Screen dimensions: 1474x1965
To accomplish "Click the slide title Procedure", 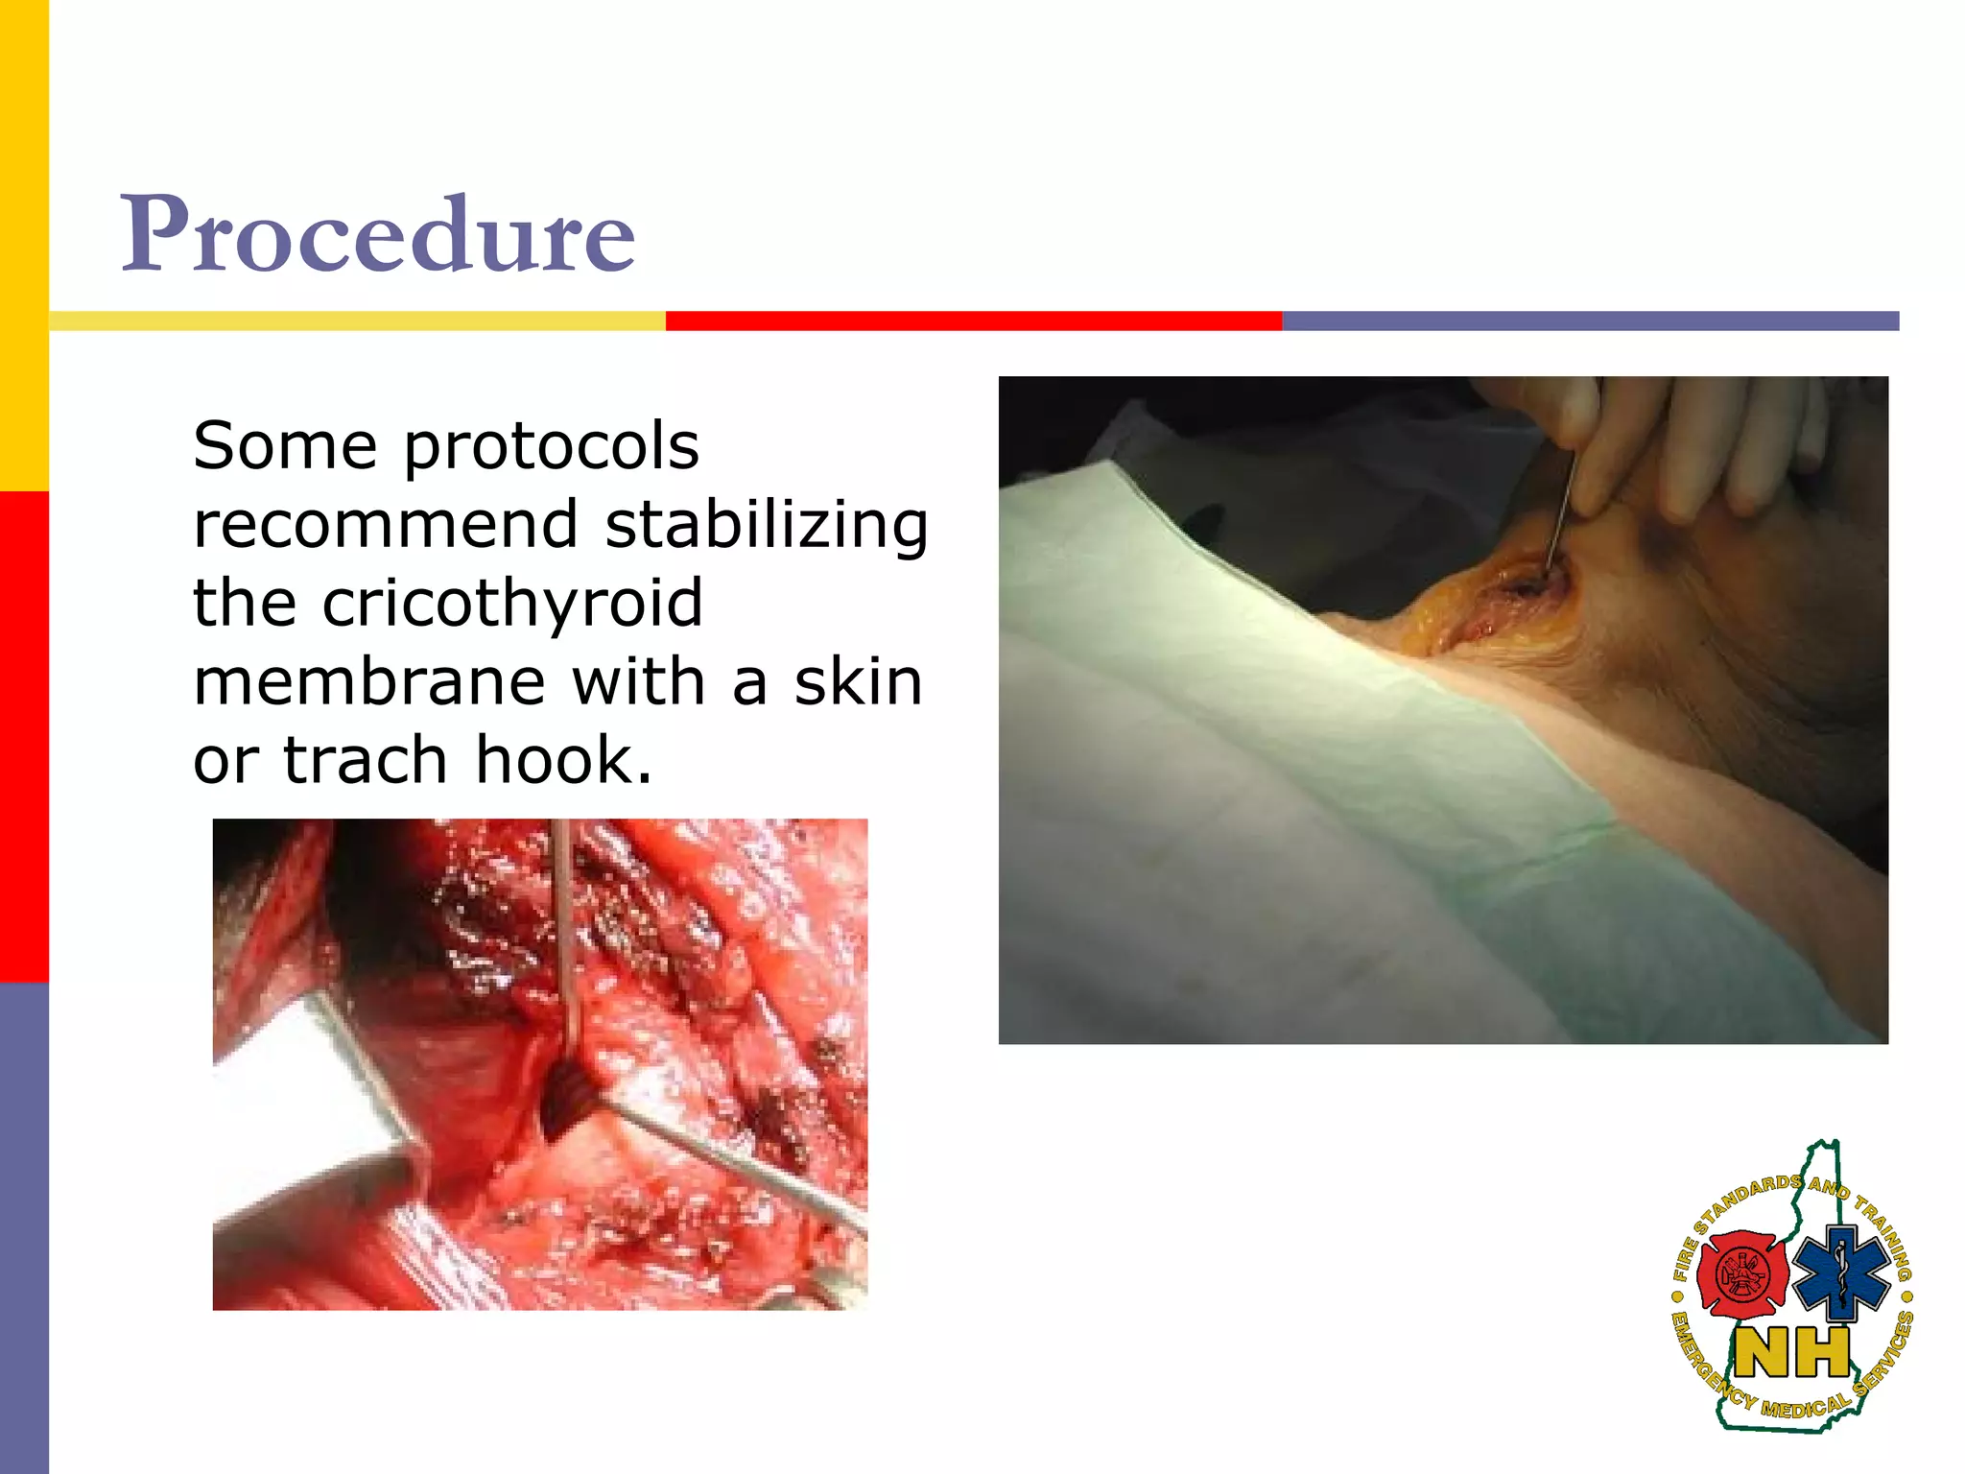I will tap(377, 233).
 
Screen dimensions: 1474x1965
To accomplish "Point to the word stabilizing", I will tap(767, 526).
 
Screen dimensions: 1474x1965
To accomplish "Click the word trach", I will tap(366, 760).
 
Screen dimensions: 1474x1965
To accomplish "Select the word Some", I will tap(285, 446).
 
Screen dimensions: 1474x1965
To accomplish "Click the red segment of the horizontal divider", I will tap(973, 321).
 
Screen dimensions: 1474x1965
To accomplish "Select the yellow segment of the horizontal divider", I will tap(357, 321).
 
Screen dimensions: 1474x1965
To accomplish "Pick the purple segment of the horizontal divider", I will tap(1590, 321).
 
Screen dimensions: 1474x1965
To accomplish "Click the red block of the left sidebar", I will tap(24, 736).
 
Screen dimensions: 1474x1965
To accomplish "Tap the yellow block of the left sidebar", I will tap(24, 245).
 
